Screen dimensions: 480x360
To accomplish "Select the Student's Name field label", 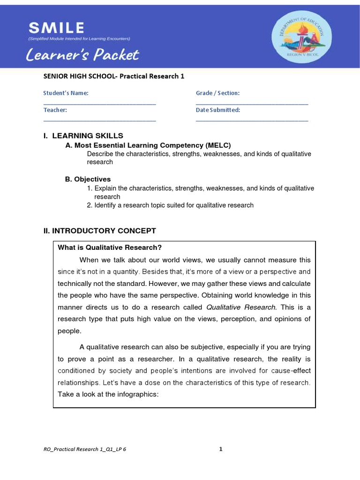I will (x=66, y=93).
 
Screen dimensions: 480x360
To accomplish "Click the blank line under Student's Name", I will (x=99, y=104).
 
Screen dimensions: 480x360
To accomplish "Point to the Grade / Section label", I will (x=217, y=93).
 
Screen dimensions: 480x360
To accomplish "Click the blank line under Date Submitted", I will (x=252, y=121).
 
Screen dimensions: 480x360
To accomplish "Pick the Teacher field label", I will (x=55, y=110).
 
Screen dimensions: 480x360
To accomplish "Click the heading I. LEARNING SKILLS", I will (x=83, y=136).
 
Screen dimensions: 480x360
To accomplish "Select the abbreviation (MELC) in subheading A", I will (x=216, y=145).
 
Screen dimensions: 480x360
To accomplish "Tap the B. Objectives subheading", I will (x=88, y=179).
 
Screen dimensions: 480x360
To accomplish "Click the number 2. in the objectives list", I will (x=90, y=205).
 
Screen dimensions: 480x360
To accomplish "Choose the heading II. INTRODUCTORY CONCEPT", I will (x=99, y=231).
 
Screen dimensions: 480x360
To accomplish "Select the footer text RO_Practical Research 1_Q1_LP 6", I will (x=84, y=449).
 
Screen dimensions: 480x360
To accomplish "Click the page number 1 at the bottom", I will (x=221, y=449).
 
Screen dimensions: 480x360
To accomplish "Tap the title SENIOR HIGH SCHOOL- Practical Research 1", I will (x=111, y=76).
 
